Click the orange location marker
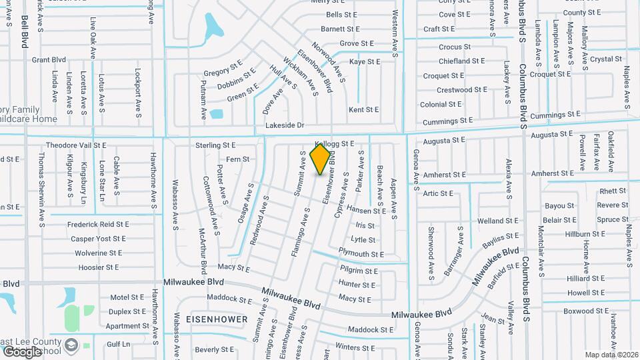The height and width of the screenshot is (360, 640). pos(321,159)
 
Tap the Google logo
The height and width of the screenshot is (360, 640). pos(22,351)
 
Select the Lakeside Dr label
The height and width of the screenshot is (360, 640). pos(285,125)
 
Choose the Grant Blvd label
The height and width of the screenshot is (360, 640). pos(49,60)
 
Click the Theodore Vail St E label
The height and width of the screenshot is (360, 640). pos(76,145)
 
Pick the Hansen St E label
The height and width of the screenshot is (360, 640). pos(366,211)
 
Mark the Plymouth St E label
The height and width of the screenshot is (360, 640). pos(361,254)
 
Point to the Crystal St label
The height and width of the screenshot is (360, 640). pos(605,59)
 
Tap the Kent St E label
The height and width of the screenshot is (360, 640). pos(363,109)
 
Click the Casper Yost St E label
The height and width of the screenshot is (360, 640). pos(98,239)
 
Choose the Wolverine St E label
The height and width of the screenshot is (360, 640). pos(98,253)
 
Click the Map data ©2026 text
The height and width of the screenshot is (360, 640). pos(611,355)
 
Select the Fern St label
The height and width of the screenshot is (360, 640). pos(238,159)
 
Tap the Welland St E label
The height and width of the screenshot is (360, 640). pos(498,221)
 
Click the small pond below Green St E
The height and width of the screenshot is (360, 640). pos(216,113)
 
